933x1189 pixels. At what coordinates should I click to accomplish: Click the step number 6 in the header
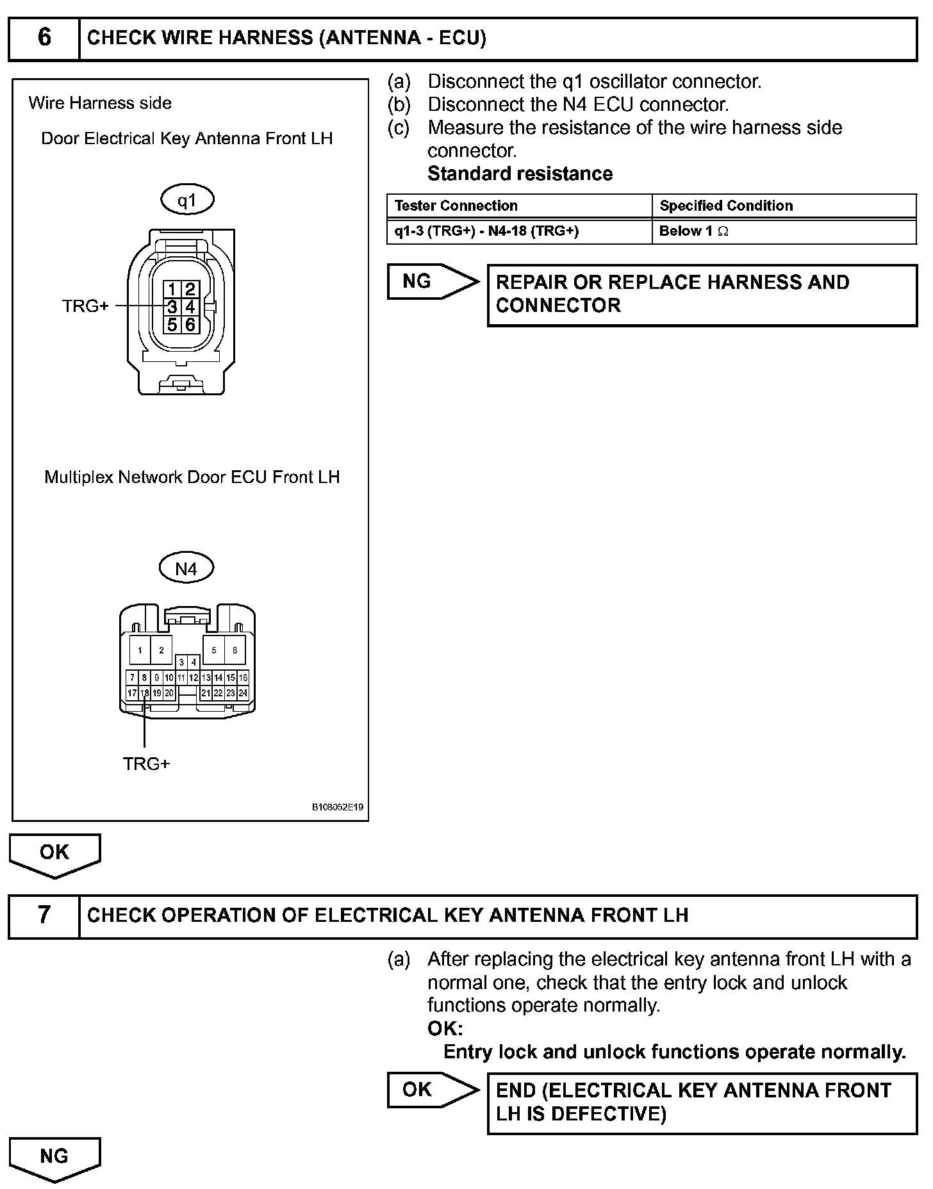44,38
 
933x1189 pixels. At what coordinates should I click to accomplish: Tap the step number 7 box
44,915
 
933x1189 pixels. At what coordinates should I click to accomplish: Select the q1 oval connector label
186,201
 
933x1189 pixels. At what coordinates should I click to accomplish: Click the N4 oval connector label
186,568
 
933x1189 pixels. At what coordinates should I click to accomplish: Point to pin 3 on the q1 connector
172,307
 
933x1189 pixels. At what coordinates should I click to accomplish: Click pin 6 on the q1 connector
190,325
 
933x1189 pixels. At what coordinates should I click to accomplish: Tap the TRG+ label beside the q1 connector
85,306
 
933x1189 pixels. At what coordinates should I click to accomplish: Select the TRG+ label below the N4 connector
146,764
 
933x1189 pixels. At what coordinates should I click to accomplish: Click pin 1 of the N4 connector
140,650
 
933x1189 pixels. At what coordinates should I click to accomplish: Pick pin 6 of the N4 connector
235,650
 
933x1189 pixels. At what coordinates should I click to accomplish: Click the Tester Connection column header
456,206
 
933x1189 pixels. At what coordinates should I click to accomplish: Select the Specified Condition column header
726,206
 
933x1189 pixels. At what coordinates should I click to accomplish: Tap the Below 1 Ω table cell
694,231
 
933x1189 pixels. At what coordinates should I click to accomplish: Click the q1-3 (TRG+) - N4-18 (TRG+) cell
486,231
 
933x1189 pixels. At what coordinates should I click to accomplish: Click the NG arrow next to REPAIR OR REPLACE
432,281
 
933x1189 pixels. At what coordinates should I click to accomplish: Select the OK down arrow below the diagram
54,854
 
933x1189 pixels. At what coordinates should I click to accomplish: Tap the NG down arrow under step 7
54,1157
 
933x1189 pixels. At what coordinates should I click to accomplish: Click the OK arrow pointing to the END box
432,1090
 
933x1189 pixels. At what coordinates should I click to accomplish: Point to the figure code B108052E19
338,807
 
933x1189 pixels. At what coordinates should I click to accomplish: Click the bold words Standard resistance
520,174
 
